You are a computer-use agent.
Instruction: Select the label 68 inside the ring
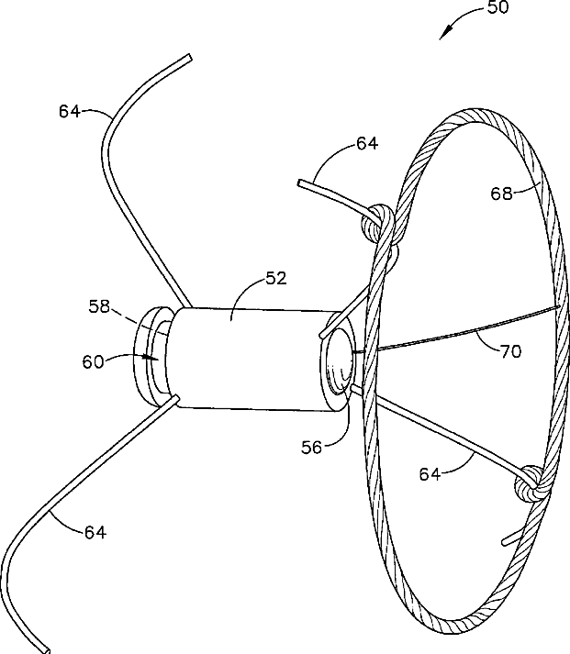pos(501,193)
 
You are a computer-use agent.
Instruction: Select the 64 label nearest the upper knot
pos(367,143)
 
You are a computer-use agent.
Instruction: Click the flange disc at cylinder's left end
pos(151,358)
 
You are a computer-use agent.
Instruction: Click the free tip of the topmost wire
pos(190,57)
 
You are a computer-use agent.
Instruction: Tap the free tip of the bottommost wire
pos(46,649)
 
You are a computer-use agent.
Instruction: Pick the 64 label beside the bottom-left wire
pos(95,531)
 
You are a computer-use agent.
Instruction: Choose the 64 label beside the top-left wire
pos(70,112)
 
